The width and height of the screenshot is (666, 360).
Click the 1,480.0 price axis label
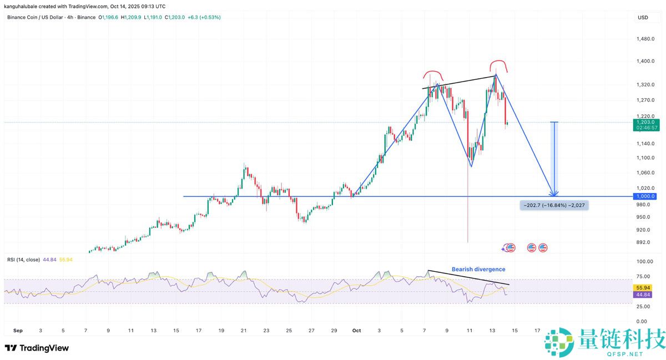(x=646, y=39)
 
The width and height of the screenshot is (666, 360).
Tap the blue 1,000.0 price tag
(x=646, y=196)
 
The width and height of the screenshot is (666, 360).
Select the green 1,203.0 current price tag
(x=646, y=122)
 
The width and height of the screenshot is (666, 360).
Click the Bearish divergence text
(x=478, y=269)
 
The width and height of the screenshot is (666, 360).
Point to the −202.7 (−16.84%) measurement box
(x=553, y=205)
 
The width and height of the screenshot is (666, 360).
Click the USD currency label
(x=643, y=18)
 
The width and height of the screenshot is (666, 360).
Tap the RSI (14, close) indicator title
(x=23, y=260)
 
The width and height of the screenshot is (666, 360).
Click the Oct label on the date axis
(x=356, y=331)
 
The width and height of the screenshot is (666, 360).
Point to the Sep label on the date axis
(x=18, y=331)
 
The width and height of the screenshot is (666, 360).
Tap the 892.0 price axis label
(x=644, y=242)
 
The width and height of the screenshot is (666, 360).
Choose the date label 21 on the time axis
(x=244, y=331)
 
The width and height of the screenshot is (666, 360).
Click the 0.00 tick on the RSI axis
(x=642, y=321)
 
